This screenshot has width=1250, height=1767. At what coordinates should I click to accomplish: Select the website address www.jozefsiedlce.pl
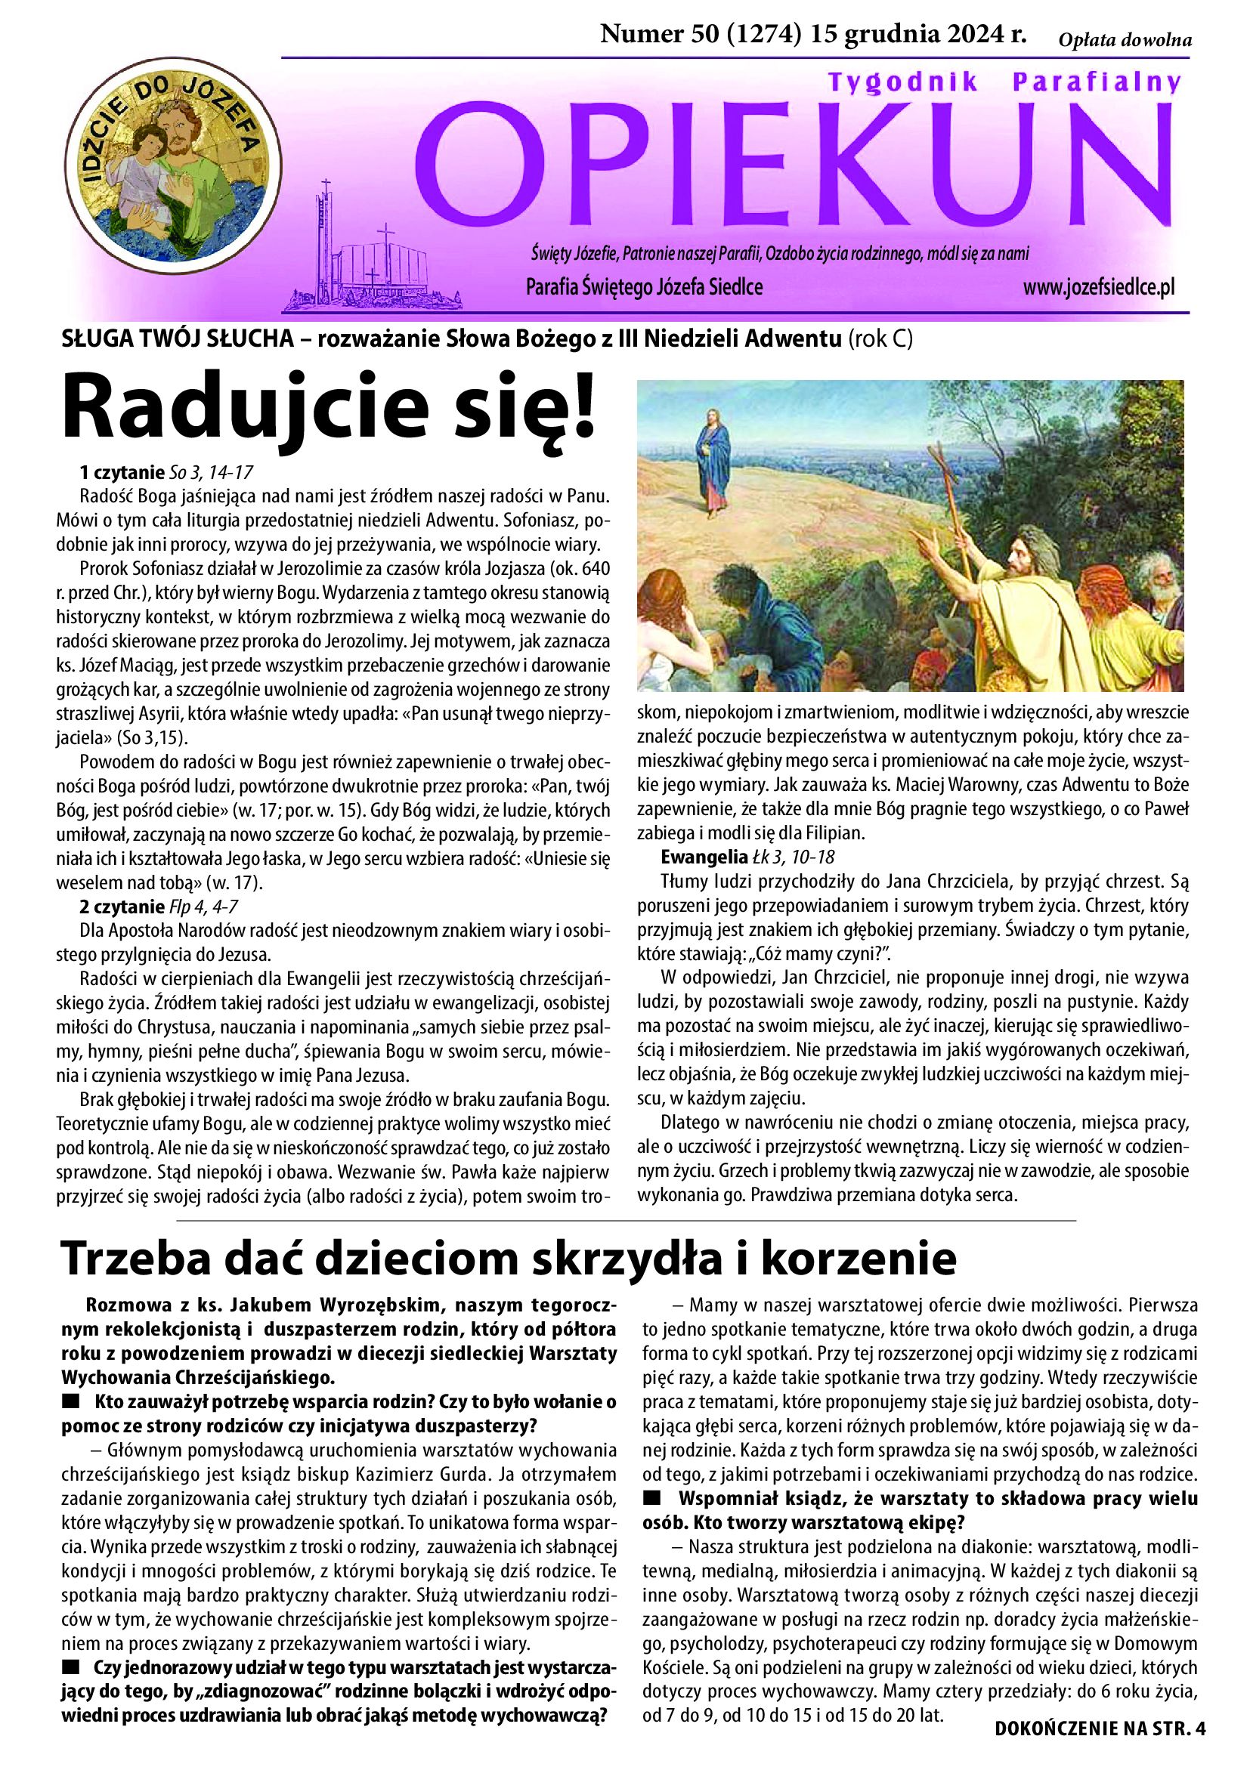pos(1098,288)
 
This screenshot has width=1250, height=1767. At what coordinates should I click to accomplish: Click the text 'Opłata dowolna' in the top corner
pos(1125,41)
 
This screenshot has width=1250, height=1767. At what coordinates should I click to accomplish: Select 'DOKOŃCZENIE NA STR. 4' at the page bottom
pos(1100,1744)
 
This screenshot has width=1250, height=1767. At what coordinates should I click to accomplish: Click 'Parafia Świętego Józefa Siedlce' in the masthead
pos(644,288)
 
